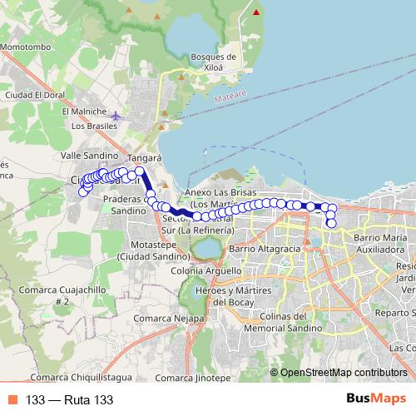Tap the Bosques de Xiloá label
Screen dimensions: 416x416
coord(214,62)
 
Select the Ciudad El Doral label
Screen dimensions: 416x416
coord(34,95)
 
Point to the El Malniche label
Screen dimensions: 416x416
coord(84,111)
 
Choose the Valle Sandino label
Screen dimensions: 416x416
coord(89,156)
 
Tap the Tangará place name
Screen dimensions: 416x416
coord(144,156)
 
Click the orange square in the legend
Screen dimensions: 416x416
coord(12,399)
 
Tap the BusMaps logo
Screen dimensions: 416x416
coord(372,399)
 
